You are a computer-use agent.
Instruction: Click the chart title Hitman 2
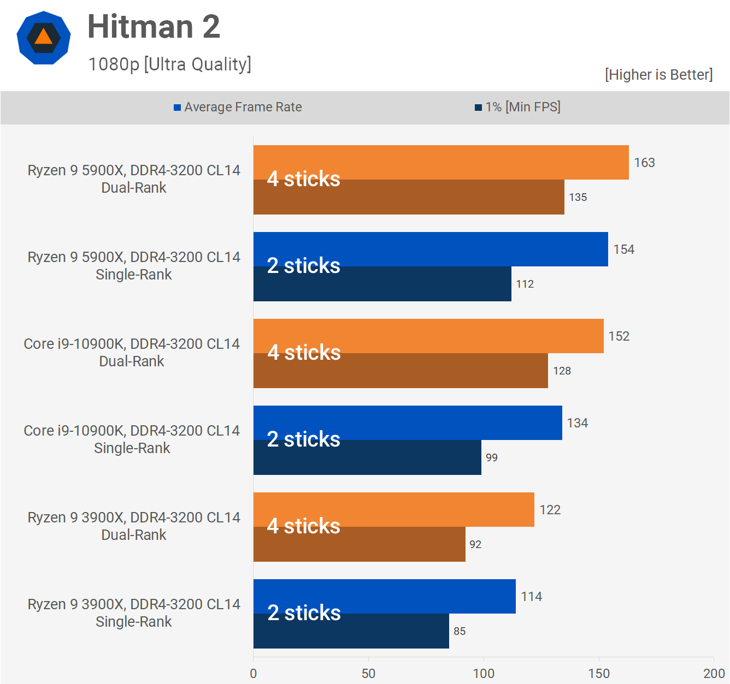tap(154, 27)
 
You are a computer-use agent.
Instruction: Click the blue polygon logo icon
tap(44, 38)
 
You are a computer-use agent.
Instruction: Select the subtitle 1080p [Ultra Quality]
tap(169, 64)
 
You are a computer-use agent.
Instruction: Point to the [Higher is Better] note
tap(658, 75)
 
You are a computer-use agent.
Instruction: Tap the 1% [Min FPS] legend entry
tap(517, 107)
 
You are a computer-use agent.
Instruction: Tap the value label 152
tap(619, 336)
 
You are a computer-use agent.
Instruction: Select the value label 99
tap(492, 457)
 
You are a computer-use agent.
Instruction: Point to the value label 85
tap(460, 631)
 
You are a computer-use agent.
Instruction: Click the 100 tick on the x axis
tap(484, 673)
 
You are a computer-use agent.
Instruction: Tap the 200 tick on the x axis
tap(714, 673)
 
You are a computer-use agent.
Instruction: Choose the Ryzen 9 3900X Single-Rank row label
tap(134, 612)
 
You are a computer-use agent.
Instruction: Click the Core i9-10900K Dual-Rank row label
tap(132, 352)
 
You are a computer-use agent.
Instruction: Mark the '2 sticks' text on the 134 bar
tap(304, 439)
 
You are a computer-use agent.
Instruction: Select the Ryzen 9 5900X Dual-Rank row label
tap(134, 179)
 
